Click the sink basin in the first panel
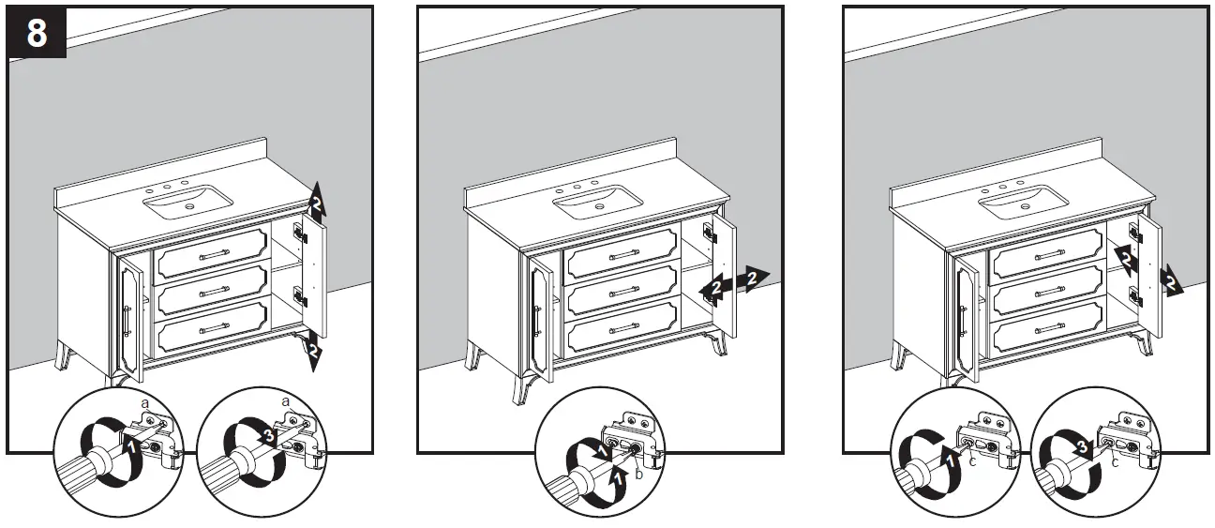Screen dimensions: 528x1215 coord(188,199)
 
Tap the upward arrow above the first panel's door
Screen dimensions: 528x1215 coord(317,199)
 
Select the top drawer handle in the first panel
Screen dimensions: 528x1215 coord(211,254)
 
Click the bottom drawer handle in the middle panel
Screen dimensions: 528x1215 coord(623,328)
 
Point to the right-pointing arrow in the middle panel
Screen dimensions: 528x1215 coord(753,276)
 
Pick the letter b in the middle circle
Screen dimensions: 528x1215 coord(638,476)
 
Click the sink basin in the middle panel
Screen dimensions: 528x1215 coord(598,199)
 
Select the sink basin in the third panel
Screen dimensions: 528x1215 coord(1023,201)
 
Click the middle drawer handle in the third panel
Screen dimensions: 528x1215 coord(1048,285)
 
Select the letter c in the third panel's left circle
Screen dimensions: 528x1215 coord(973,460)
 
